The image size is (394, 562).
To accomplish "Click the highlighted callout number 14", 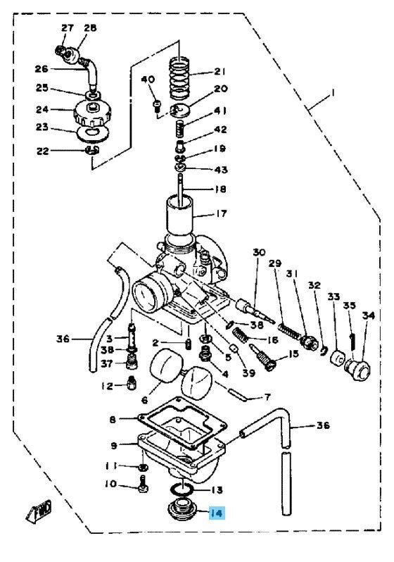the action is click(217, 513).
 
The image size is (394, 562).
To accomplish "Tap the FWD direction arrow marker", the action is click(39, 510).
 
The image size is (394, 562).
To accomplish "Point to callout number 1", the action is click(332, 94).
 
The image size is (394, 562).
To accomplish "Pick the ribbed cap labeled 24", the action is click(92, 113).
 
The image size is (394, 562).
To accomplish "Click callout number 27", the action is click(67, 28).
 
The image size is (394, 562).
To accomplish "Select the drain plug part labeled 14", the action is click(180, 510).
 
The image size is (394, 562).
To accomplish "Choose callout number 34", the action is click(368, 316).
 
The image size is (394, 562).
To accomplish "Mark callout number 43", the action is click(222, 169).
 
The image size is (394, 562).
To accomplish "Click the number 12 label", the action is click(107, 386).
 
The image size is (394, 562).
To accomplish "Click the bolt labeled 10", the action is click(143, 484).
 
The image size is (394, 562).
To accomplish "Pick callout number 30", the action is click(259, 252).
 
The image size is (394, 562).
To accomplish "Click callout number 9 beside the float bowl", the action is click(114, 446).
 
